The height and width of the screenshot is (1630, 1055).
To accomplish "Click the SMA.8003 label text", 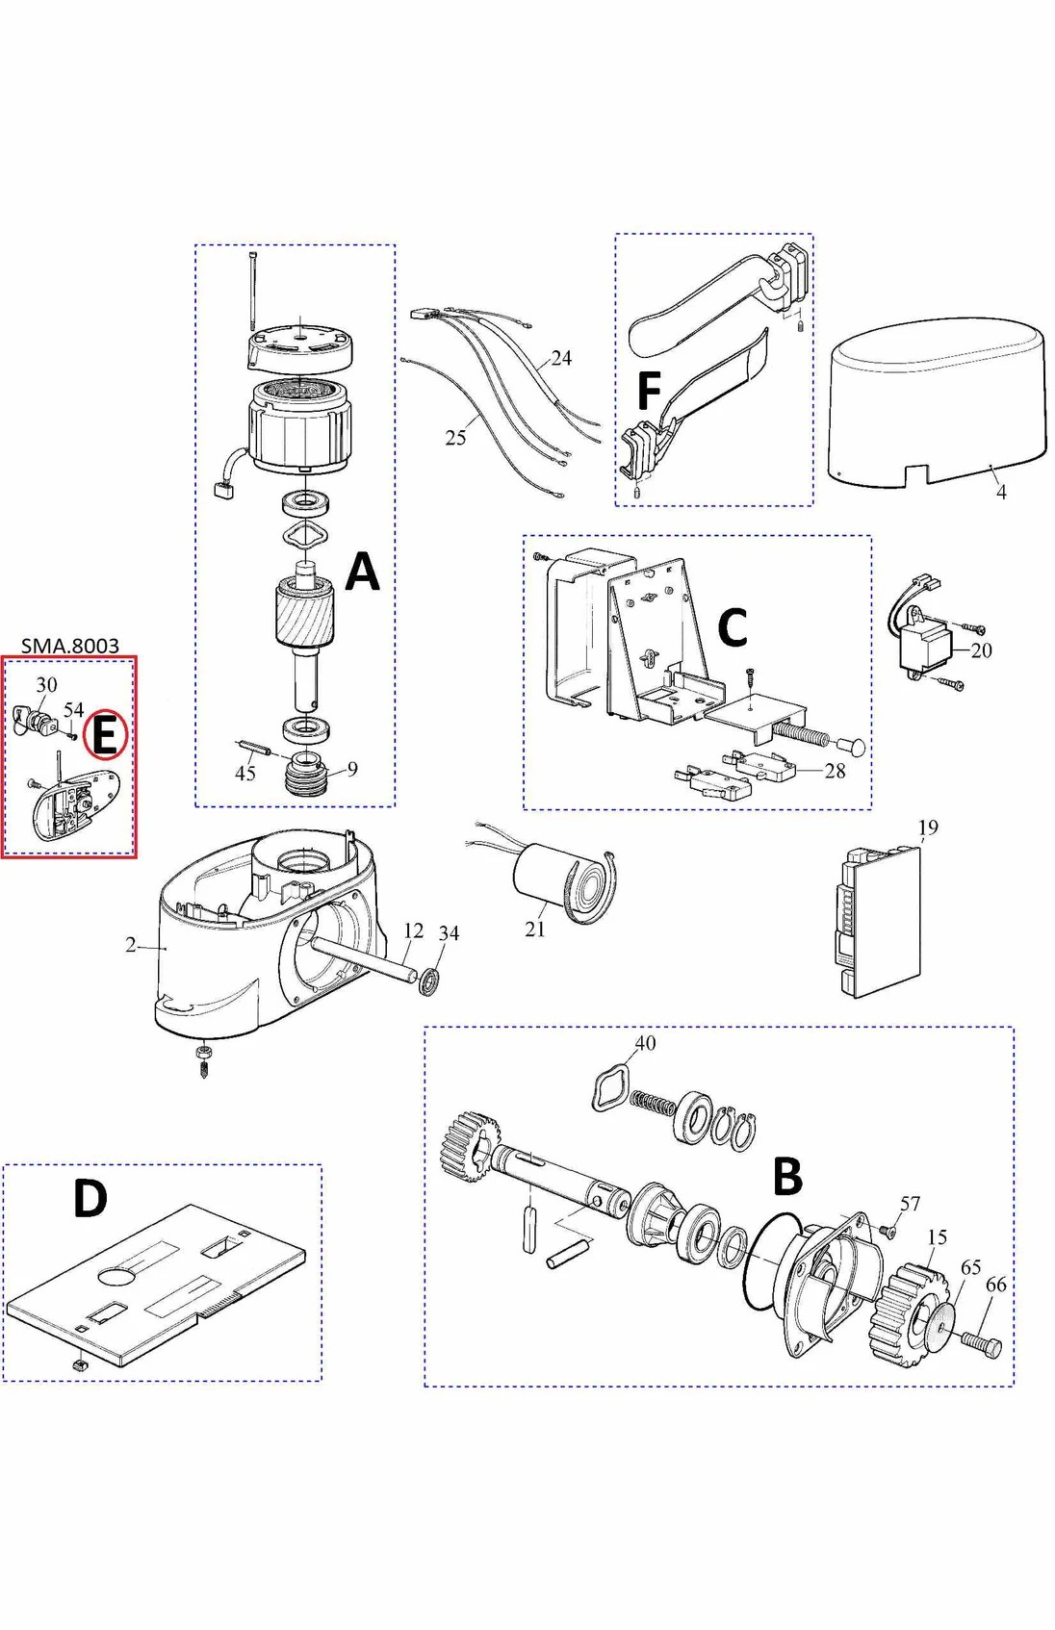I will (69, 645).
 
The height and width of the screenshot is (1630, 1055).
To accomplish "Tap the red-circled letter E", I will (105, 735).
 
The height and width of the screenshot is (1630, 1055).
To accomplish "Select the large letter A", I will (362, 572).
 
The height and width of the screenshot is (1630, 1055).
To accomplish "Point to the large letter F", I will (649, 392).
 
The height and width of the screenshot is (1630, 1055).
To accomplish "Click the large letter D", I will (90, 1199).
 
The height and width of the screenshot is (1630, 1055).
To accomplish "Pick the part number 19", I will (927, 828).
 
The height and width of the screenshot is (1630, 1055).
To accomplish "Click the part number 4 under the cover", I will (1001, 492).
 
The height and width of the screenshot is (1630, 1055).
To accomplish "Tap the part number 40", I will (645, 1043).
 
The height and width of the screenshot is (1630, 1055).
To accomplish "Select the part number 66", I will (995, 1285).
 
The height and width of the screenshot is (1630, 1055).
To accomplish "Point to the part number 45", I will (245, 774).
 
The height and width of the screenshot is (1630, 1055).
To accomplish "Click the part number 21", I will (535, 929).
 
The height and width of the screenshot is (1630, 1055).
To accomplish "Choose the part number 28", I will (835, 771).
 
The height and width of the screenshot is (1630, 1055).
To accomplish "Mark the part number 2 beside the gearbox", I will (131, 945).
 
